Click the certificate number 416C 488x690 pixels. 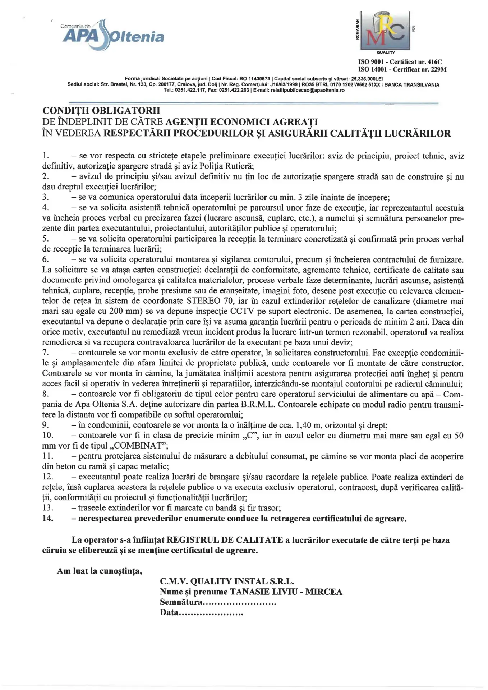(x=435, y=62)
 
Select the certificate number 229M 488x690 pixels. (x=438, y=69)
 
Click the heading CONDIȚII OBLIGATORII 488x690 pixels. (x=101, y=110)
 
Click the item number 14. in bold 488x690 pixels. (x=48, y=518)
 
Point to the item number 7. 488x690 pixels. (x=46, y=353)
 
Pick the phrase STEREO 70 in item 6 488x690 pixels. (x=208, y=301)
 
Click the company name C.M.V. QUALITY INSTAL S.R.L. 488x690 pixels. (x=227, y=581)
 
